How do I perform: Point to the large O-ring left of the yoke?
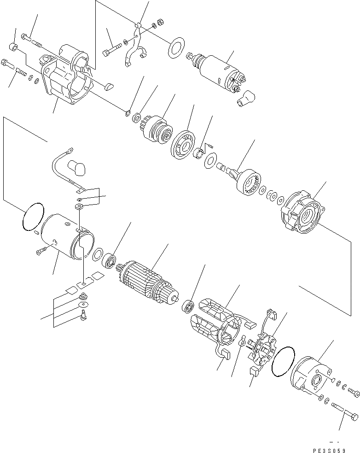tap(33, 217)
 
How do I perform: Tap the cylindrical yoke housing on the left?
tap(66, 239)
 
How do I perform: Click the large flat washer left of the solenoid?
tap(175, 49)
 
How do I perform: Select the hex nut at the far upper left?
tap(14, 47)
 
